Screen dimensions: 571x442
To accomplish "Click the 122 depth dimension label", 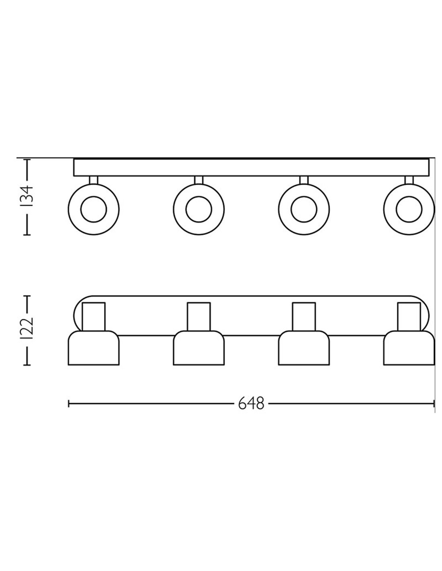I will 27,330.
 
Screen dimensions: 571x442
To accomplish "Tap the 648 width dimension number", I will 252,403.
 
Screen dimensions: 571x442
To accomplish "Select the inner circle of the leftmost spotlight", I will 94,209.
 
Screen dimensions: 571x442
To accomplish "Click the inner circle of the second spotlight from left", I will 199,209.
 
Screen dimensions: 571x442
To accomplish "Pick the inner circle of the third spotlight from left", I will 304,209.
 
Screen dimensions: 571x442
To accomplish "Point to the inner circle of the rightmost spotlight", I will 409,209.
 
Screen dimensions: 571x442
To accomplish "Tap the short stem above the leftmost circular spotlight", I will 94,180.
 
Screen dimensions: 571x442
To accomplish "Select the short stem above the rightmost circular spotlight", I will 409,180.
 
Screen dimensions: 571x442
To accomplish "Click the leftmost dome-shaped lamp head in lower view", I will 94,349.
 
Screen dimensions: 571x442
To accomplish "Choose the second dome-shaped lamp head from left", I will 199,349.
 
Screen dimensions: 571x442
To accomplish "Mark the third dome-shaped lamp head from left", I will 304,349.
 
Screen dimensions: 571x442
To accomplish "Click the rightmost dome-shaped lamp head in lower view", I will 409,349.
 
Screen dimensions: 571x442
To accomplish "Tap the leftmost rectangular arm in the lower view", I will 94,316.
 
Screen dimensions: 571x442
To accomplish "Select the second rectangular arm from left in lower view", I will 199,316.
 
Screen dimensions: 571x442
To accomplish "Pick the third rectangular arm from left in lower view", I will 304,316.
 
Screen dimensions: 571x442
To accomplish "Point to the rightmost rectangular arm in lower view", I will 409,316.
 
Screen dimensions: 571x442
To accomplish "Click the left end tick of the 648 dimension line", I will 69,404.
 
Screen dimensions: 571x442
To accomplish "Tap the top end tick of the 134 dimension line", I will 27,160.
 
